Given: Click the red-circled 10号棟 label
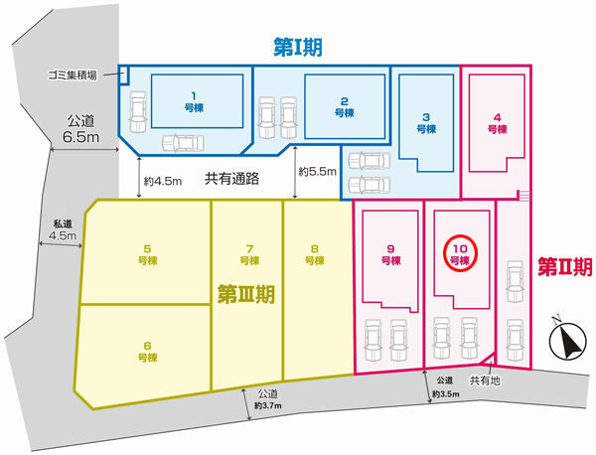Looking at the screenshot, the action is [x=460, y=254].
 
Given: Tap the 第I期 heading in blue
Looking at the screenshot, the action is [x=298, y=48].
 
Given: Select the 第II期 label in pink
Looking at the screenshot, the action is [x=565, y=266].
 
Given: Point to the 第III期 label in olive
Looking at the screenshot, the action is [x=246, y=295].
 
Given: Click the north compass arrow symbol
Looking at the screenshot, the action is [x=567, y=339].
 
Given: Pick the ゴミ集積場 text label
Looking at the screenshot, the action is [x=72, y=76].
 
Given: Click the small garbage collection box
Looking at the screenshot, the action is [x=124, y=75].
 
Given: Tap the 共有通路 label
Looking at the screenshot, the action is [x=231, y=179].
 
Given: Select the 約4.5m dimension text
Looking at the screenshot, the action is [x=163, y=182].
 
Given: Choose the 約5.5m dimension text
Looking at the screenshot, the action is [x=318, y=172].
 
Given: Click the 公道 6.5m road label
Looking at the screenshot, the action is [x=81, y=129].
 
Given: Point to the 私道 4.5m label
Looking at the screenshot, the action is [x=63, y=229].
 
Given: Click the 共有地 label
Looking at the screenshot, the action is [x=485, y=380].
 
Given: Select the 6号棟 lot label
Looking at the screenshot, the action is [x=147, y=352].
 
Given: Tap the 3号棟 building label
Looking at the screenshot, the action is [x=426, y=123].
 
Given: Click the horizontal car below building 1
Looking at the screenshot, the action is [x=183, y=143].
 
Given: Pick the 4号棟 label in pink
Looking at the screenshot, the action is [x=498, y=123].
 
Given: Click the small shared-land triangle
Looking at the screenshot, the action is [x=491, y=361].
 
